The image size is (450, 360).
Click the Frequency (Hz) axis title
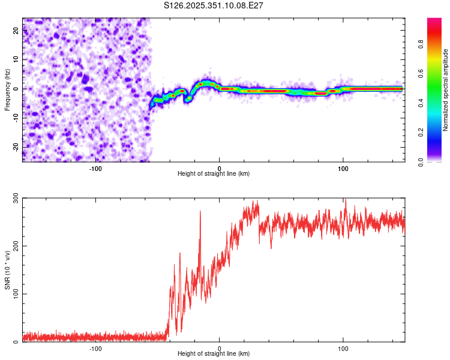click(7, 89)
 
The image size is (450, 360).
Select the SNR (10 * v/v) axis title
click(7, 269)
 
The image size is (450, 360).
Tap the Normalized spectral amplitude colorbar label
click(446, 90)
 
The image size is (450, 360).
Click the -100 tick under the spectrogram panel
click(95, 167)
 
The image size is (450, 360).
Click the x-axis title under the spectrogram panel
click(214, 174)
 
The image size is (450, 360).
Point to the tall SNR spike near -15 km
click(200, 212)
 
